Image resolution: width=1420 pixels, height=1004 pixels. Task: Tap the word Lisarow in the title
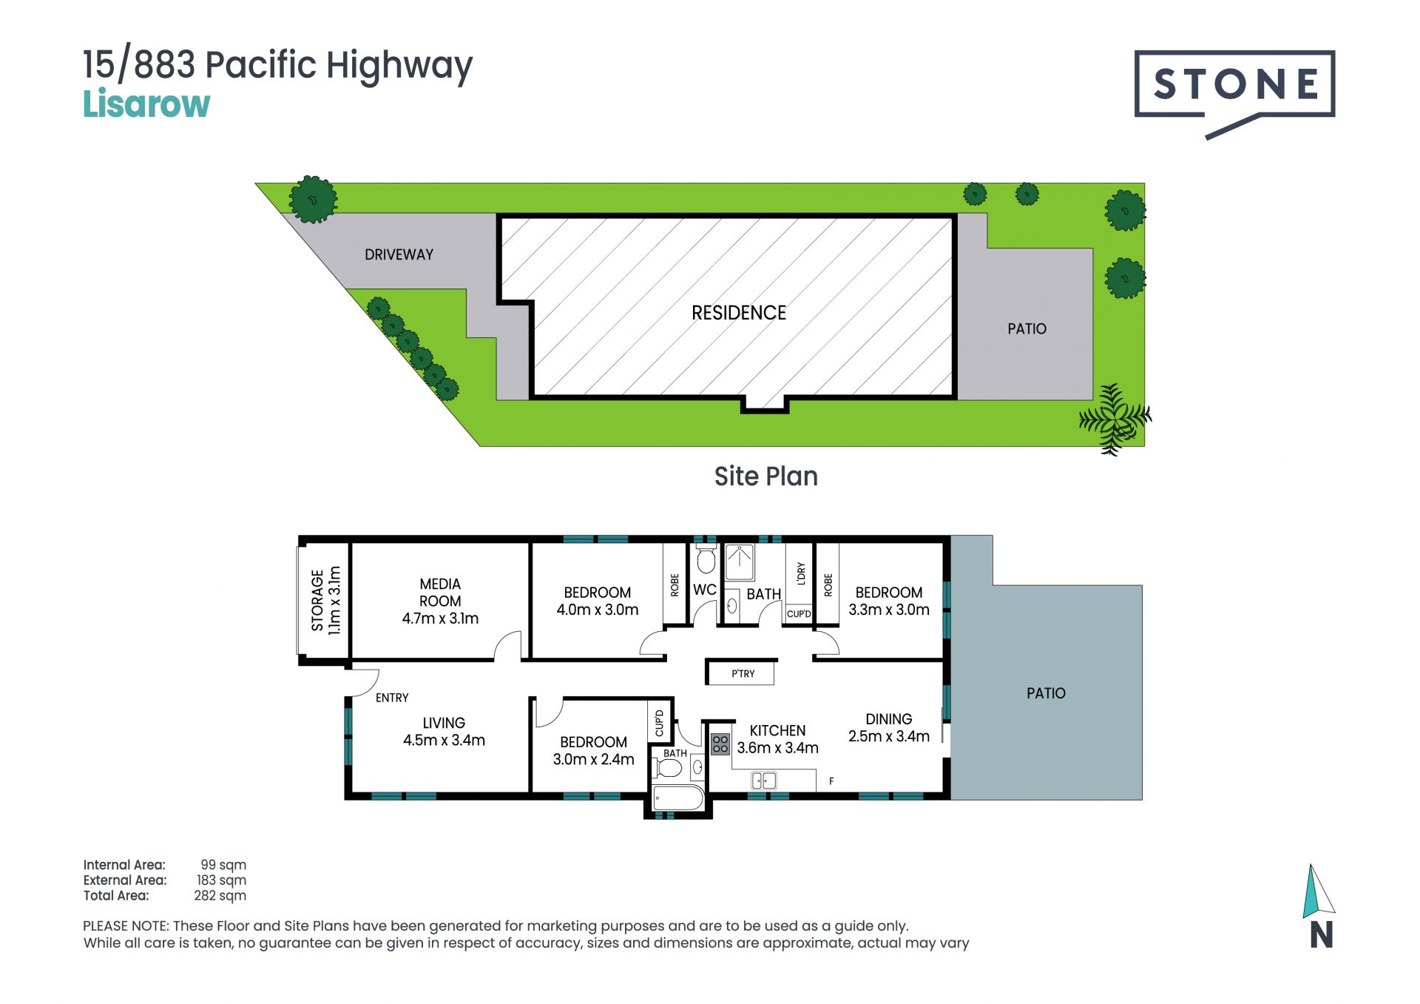(146, 104)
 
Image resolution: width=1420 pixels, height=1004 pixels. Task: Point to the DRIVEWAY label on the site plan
(399, 255)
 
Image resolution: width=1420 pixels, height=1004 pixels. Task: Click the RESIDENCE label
(739, 313)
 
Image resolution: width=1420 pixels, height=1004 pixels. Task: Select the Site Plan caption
(765, 476)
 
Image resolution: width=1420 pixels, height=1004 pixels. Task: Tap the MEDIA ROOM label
(440, 593)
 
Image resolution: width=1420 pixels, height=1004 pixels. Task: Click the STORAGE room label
(317, 600)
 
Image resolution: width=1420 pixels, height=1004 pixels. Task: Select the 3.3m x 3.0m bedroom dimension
(888, 610)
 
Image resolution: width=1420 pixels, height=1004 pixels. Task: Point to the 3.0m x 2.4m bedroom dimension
(593, 760)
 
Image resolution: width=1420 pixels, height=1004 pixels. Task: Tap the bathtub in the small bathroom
(678, 798)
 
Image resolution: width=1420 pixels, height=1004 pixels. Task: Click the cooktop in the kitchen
(720, 744)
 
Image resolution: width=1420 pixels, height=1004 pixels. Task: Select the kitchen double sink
(764, 780)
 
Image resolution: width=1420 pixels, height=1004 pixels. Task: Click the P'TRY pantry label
(743, 674)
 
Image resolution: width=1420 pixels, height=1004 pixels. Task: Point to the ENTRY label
(392, 698)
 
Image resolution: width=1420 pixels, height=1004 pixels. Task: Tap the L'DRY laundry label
(801, 573)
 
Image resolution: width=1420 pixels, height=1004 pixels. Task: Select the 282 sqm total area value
(220, 896)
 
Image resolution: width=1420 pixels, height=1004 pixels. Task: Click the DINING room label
(888, 719)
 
